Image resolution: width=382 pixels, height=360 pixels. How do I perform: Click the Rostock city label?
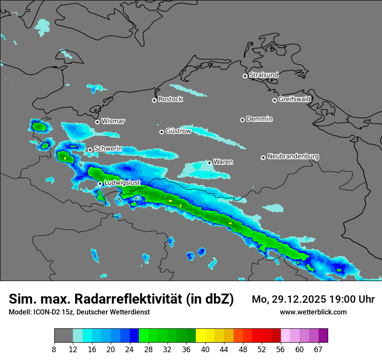point(170,99)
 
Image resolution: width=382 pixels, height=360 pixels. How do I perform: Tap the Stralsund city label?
point(263,75)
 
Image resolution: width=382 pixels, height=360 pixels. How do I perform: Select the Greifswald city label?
point(294,99)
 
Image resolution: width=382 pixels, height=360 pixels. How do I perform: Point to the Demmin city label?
point(259,119)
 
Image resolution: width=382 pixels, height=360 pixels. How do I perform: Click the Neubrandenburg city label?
point(293,157)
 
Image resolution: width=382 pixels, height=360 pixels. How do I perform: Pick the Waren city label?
point(223,162)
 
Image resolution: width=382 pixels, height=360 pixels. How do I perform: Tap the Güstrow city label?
point(178,131)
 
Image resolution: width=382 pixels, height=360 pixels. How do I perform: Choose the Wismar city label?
point(113,121)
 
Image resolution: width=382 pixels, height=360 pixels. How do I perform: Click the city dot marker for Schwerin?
point(90,150)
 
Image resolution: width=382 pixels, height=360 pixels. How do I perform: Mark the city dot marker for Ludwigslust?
point(100,184)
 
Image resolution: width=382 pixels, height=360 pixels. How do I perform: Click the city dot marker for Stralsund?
point(245,76)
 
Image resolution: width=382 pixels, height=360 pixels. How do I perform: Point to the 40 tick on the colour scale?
point(205,350)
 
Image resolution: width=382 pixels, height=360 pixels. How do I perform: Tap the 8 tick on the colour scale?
point(54,350)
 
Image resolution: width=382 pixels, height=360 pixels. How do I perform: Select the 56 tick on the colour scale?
point(281,350)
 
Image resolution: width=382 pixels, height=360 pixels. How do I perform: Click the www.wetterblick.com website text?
point(313,312)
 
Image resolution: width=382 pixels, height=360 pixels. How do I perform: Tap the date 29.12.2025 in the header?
point(299,299)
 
